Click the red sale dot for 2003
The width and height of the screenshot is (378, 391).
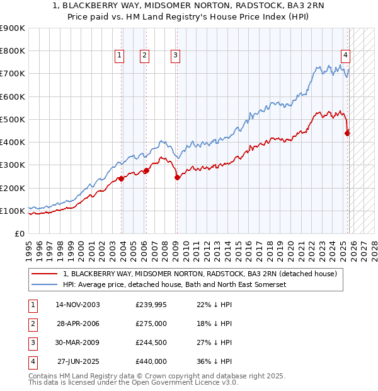coord(122,178)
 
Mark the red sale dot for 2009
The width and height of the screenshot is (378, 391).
coord(177,178)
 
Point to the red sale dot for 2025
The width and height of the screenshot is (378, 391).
coord(348,132)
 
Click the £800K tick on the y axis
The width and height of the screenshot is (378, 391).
coord(13,50)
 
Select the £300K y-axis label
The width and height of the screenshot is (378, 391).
coord(13,165)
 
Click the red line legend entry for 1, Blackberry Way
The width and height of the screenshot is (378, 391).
coord(200,274)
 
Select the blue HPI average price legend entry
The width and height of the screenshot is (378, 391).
coord(175,284)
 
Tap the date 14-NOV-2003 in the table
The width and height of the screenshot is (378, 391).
coord(77,305)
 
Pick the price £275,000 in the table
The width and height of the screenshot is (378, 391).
coord(151,324)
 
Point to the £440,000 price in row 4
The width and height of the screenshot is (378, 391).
coord(151,361)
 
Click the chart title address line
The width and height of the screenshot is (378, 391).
coord(189,7)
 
